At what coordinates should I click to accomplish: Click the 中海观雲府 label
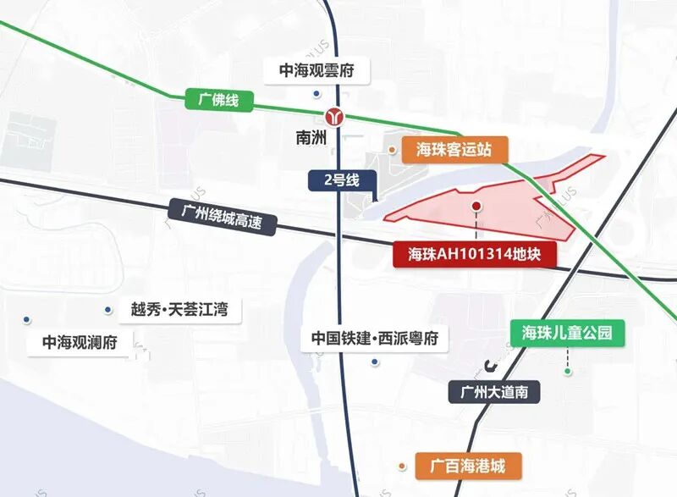[x=316, y=70]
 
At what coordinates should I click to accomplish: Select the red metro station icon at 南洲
[x=335, y=117]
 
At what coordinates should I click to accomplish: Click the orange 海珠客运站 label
[x=454, y=151]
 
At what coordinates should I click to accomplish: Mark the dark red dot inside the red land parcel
[x=476, y=206]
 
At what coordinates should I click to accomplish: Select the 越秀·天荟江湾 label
[x=179, y=309]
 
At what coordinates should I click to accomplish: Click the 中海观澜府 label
[x=80, y=342]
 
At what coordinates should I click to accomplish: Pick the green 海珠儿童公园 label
[x=567, y=333]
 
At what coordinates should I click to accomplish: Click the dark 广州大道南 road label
[x=493, y=392]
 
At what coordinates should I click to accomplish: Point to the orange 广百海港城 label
[x=467, y=465]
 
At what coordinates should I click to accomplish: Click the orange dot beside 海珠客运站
[x=393, y=150]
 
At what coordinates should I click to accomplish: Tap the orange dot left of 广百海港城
[x=403, y=465]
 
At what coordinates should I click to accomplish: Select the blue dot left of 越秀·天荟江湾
[x=107, y=309]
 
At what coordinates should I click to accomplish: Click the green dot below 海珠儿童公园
[x=569, y=371]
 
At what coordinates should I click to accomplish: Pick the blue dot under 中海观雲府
[x=315, y=94]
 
